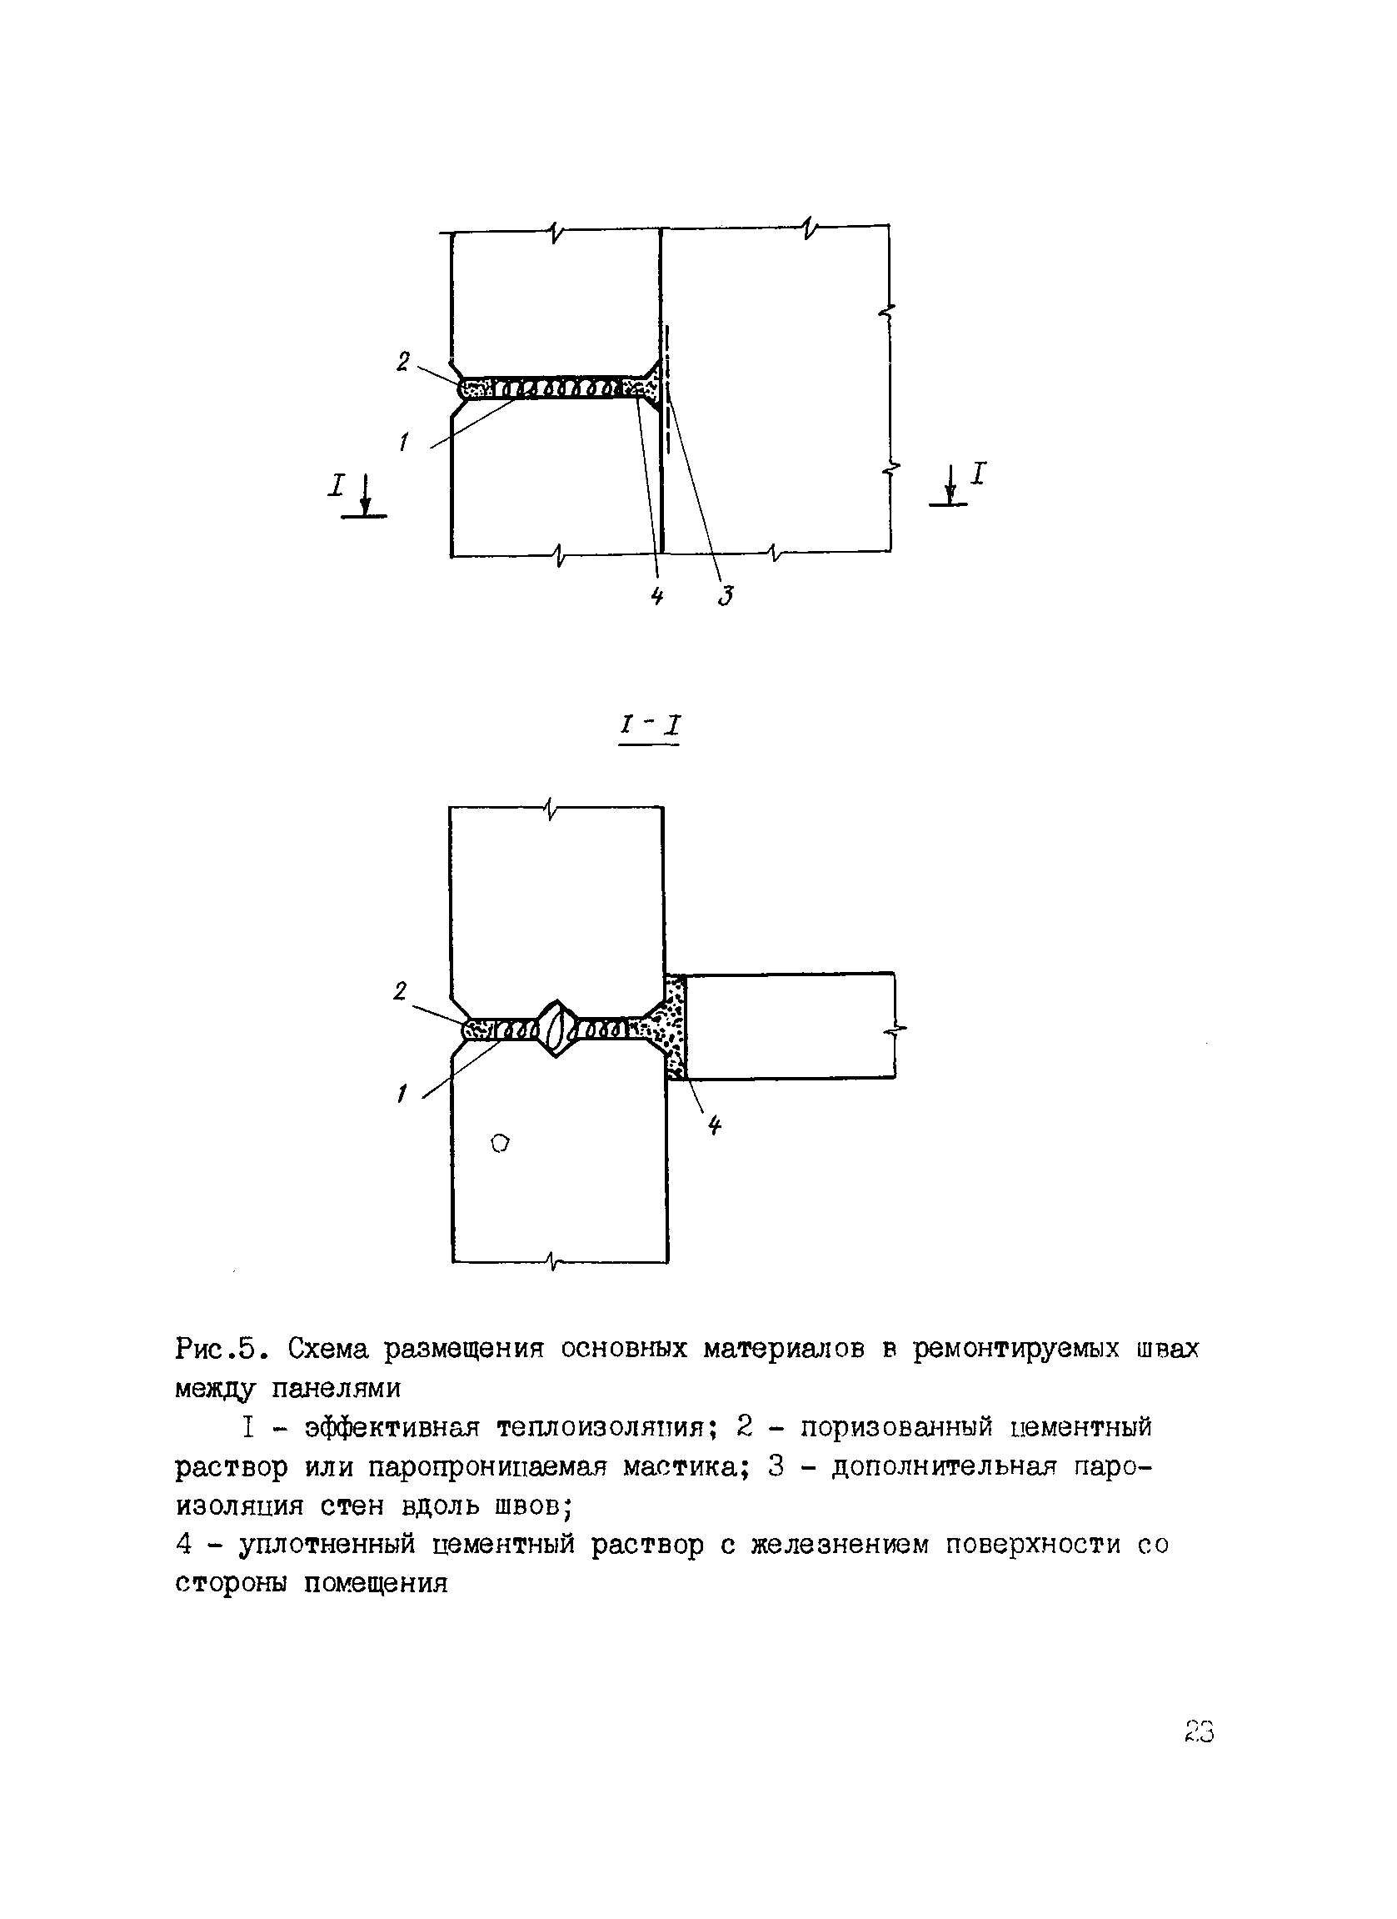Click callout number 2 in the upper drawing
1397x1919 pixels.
point(403,361)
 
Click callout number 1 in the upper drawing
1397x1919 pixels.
point(405,441)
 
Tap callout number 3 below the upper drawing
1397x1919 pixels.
point(725,596)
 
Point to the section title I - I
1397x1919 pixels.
point(651,726)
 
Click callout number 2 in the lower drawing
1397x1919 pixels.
point(400,991)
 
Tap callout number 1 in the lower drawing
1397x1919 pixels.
point(402,1095)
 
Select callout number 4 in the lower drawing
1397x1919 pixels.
point(716,1125)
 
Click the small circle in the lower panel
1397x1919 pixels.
point(501,1143)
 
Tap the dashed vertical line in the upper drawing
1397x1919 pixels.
point(668,398)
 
